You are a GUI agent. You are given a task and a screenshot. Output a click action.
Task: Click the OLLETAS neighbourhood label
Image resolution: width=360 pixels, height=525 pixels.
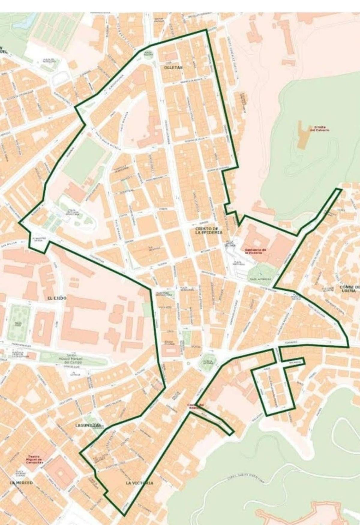(x=173, y=68)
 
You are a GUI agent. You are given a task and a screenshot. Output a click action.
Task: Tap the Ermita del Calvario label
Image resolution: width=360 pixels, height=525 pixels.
(x=320, y=129)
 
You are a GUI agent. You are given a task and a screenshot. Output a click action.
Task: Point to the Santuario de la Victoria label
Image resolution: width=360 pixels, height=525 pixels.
(x=256, y=251)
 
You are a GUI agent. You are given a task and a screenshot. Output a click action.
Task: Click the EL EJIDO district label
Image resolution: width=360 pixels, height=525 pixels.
(x=57, y=298)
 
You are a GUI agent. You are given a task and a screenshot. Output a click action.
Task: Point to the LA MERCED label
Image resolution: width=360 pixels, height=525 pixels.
(x=21, y=483)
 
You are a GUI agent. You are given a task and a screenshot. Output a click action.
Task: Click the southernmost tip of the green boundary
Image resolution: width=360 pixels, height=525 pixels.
(x=124, y=516)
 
